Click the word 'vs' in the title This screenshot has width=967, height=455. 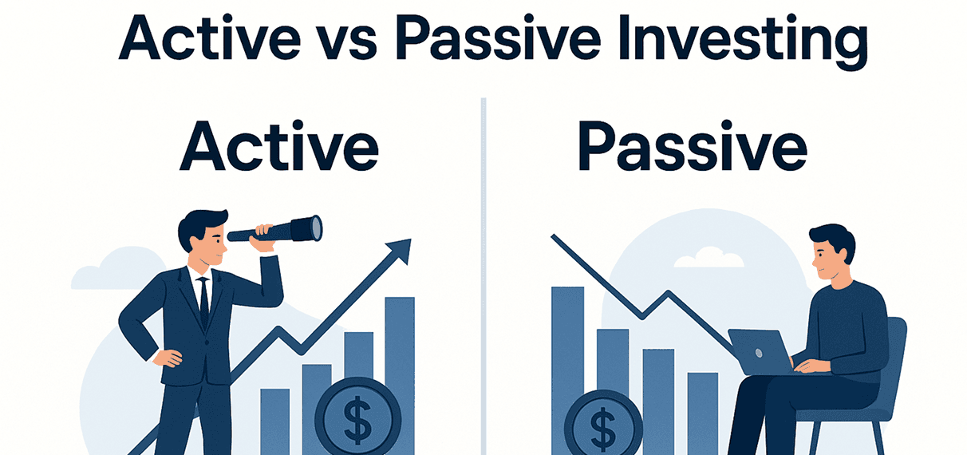[x=349, y=43]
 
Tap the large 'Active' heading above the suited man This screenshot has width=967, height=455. [x=279, y=147]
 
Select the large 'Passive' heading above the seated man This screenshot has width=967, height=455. [x=692, y=147]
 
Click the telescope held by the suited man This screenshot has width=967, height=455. [x=275, y=229]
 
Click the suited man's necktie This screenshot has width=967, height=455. [x=203, y=303]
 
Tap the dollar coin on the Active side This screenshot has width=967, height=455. [x=358, y=417]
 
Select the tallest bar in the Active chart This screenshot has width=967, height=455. [x=400, y=376]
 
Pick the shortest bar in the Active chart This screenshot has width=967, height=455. [x=275, y=421]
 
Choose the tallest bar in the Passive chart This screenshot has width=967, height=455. [x=568, y=370]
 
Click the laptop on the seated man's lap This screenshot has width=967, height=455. [x=762, y=353]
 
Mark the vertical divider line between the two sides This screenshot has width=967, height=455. [x=483, y=276]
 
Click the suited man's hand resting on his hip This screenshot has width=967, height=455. [x=168, y=358]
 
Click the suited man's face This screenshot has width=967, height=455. [x=213, y=245]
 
